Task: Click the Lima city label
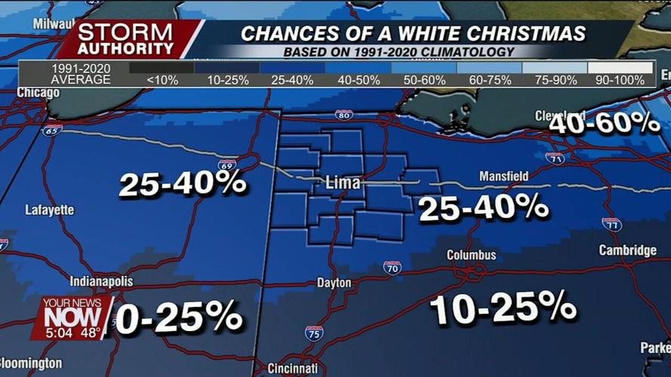pos(343,183)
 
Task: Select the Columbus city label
pos(471,255)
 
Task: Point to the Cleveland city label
pos(560,116)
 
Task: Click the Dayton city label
pos(334,283)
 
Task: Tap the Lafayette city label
pos(50,210)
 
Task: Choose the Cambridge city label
pos(627,250)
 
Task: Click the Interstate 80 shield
pos(343,115)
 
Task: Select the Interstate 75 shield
pos(314,333)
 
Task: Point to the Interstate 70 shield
pos(392,268)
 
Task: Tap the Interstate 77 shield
pos(611,224)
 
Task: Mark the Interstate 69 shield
pos(226,165)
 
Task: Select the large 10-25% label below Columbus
pos(503,308)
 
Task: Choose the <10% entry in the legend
pos(162,79)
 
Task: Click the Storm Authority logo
pos(126,39)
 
